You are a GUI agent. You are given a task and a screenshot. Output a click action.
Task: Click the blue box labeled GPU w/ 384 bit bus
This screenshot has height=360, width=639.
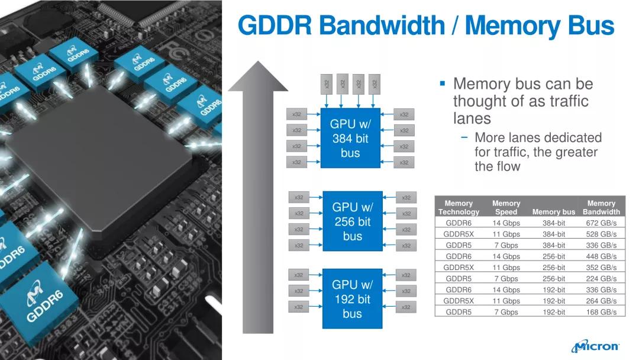tap(350, 138)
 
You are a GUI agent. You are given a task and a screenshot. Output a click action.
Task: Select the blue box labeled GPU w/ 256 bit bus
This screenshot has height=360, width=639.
tap(352, 221)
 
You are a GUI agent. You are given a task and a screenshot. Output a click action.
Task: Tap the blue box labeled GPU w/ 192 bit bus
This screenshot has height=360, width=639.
tap(352, 298)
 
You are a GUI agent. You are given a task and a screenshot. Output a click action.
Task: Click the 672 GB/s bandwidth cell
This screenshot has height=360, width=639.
tap(601, 223)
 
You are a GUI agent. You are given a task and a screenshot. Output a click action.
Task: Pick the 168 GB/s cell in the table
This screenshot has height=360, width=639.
tap(601, 312)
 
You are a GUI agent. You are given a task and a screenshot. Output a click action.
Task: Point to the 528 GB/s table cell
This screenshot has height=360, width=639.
tap(601, 234)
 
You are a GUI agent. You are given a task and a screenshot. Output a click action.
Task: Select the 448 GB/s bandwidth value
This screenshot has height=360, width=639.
tap(601, 256)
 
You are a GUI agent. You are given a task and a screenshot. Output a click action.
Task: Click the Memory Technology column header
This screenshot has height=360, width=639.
tap(459, 207)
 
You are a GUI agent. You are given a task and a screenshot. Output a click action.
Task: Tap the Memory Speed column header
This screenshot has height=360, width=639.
tap(506, 207)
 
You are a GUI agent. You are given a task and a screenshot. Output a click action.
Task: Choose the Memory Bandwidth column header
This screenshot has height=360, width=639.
tap(601, 207)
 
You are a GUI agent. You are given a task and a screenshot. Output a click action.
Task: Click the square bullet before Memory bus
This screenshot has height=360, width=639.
tap(442, 84)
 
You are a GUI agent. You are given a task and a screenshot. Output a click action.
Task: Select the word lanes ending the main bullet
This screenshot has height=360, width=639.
tap(472, 118)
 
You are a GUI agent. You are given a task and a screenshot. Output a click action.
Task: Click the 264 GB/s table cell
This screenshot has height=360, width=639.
tap(601, 301)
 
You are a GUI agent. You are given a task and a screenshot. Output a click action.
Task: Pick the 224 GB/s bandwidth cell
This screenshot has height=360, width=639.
tap(601, 279)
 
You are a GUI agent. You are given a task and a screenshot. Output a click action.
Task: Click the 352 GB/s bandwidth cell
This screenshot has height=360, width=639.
tap(601, 268)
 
